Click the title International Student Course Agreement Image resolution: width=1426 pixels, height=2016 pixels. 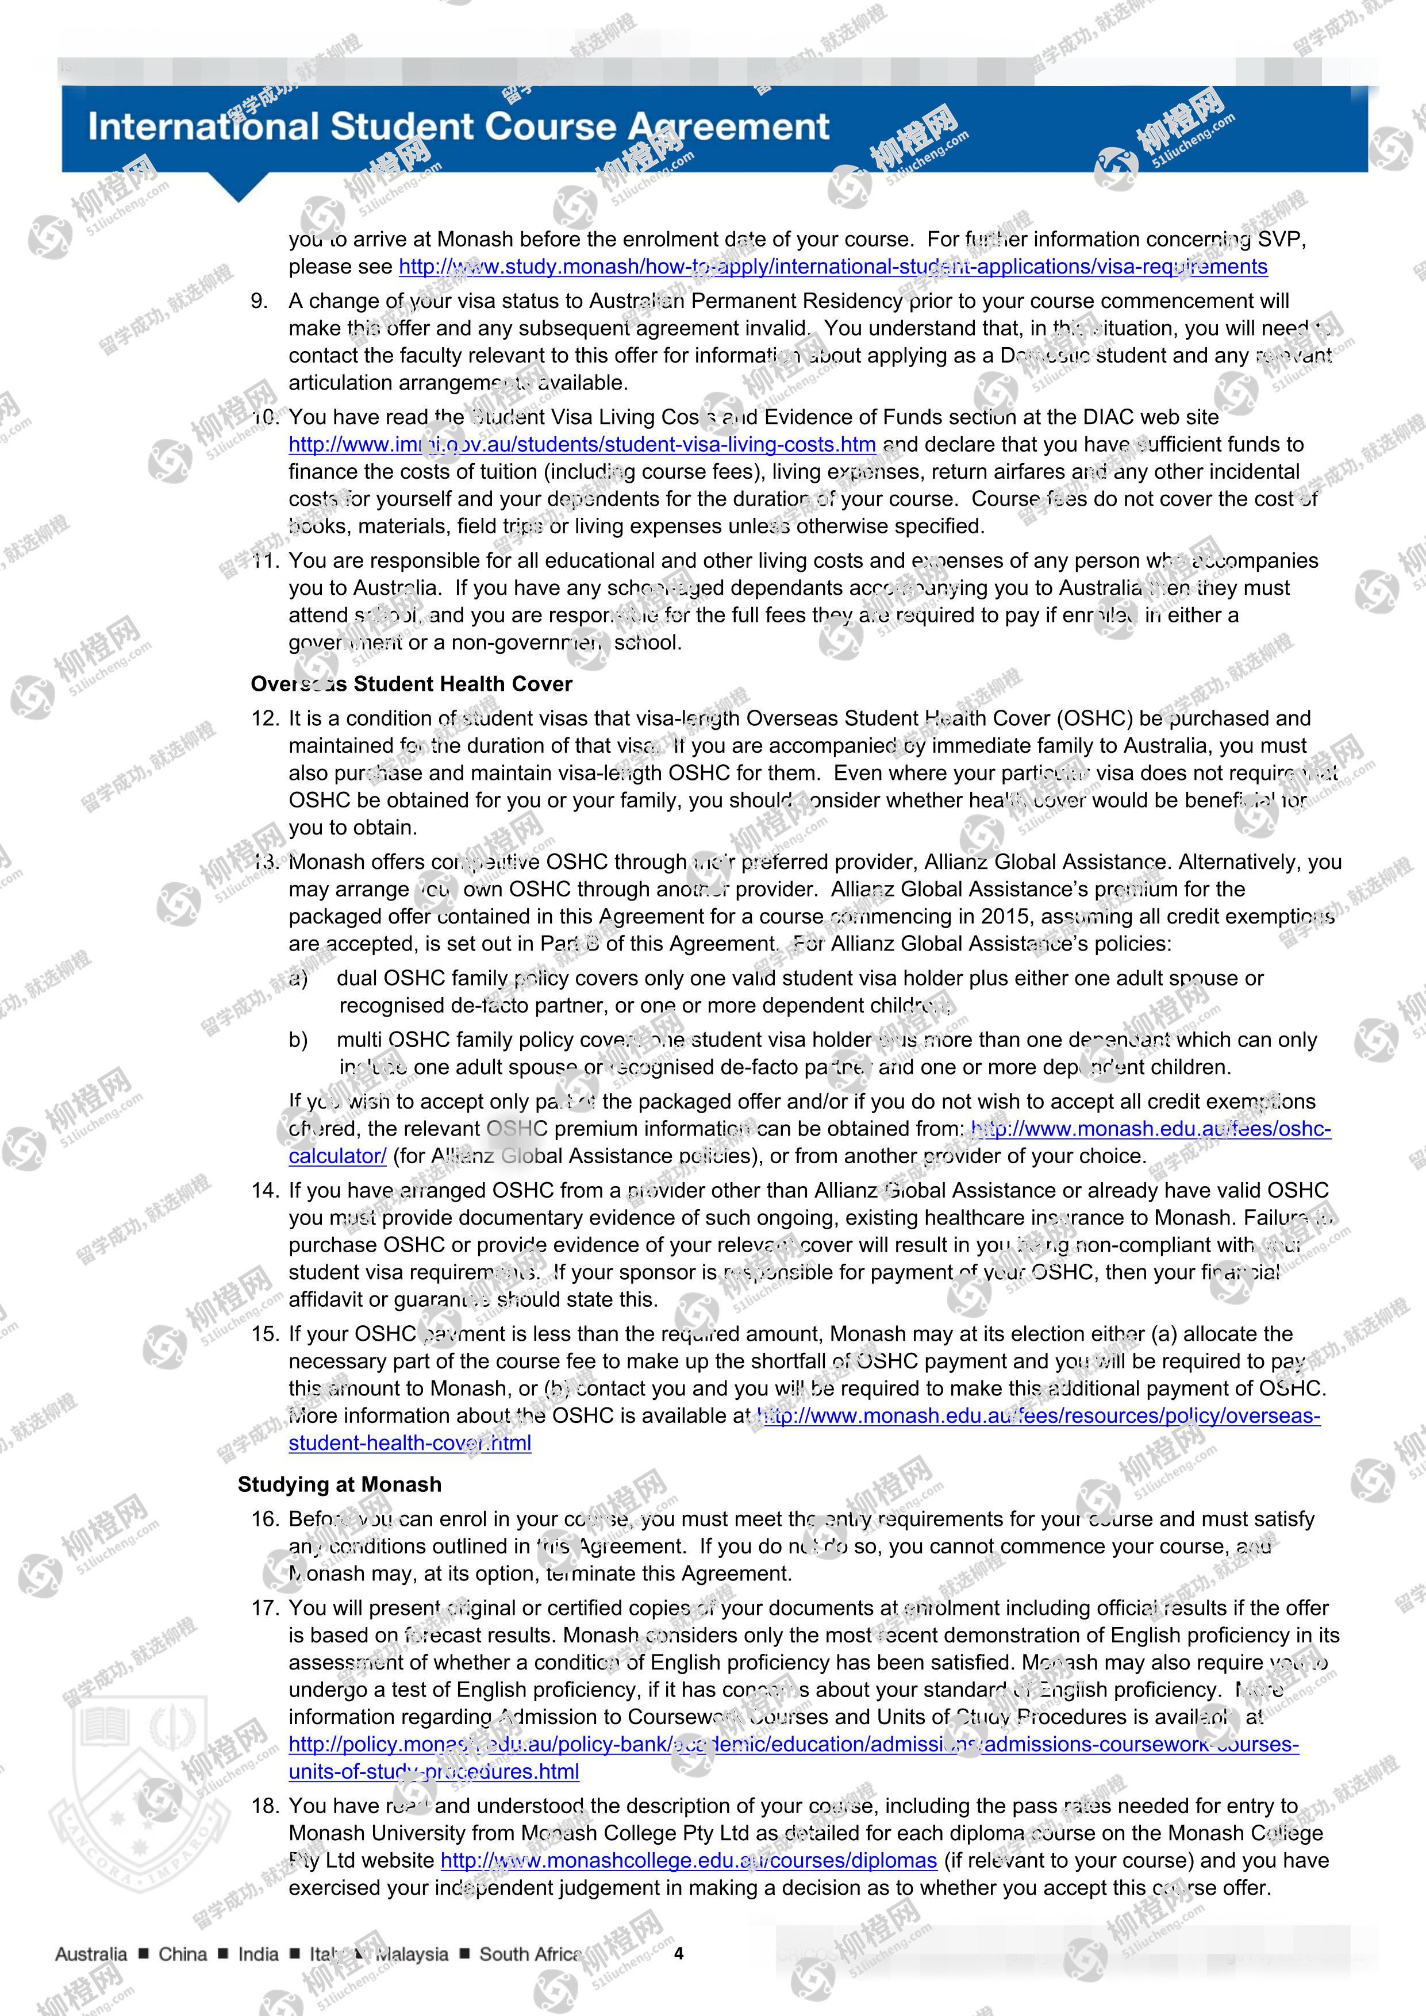pos(458,128)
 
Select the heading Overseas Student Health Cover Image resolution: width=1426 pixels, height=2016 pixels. pos(411,684)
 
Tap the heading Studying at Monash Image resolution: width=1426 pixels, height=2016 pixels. pos(339,1484)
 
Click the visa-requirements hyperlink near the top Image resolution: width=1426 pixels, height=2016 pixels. pos(832,267)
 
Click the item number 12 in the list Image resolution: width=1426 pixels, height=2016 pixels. pos(264,718)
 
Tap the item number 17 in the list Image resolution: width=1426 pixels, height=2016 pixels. pos(264,1608)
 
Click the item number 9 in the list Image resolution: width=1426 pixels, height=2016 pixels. pos(259,301)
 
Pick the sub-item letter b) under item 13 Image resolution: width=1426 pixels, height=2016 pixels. pos(298,1040)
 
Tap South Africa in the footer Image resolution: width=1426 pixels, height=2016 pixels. pos(529,1954)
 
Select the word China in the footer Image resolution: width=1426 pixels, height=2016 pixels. pos(183,1954)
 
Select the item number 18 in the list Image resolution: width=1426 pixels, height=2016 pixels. pos(264,1805)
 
